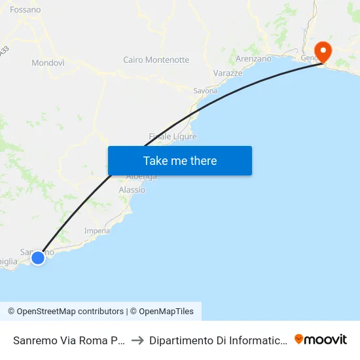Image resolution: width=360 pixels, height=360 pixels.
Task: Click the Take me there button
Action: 180,161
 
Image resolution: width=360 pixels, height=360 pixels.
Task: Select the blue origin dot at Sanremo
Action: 38,258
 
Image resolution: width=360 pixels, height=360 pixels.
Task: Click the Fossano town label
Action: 25,10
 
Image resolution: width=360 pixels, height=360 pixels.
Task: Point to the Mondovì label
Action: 48,63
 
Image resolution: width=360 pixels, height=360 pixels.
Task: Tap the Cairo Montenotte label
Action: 156,60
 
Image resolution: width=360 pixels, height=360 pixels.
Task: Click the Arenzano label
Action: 253,59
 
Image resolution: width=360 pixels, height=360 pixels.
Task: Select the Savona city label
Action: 205,91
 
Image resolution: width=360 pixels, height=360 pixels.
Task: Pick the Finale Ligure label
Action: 173,136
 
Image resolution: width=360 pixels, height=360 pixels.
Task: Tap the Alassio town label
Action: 132,190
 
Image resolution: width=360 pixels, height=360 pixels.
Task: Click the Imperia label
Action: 97,230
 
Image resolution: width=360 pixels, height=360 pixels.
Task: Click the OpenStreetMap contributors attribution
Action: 65,312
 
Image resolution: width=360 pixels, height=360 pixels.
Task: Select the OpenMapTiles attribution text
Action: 162,312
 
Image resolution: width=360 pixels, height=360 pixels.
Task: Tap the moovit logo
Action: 321,339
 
